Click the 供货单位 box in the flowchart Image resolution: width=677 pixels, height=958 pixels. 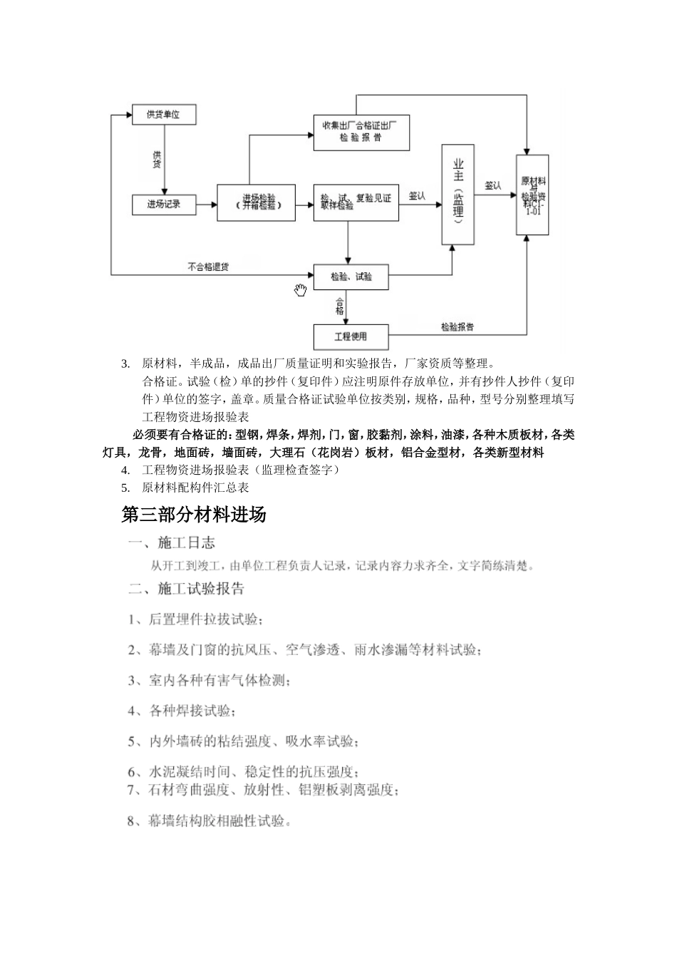(x=164, y=114)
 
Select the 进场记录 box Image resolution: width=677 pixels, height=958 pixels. (x=164, y=205)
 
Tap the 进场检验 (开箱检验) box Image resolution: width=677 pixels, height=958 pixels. (x=257, y=202)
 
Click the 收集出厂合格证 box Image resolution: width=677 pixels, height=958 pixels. (x=361, y=132)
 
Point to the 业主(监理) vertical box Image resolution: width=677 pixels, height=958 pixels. (x=458, y=194)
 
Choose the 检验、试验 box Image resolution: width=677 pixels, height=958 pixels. (x=351, y=276)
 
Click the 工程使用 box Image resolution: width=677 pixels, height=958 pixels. (x=351, y=336)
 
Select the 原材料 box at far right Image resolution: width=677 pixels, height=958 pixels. (x=532, y=195)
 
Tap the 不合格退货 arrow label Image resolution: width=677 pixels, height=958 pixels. (x=208, y=267)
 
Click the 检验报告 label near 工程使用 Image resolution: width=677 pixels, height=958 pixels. (x=458, y=327)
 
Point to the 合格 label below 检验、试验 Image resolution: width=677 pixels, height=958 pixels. (x=340, y=307)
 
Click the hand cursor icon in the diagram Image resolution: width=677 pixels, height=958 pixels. (x=301, y=289)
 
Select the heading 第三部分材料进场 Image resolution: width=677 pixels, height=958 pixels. (x=194, y=515)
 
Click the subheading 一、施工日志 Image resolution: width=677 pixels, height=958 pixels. (x=172, y=543)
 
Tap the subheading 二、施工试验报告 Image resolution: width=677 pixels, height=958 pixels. (x=187, y=589)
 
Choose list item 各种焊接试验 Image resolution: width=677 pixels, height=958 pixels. (x=182, y=711)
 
